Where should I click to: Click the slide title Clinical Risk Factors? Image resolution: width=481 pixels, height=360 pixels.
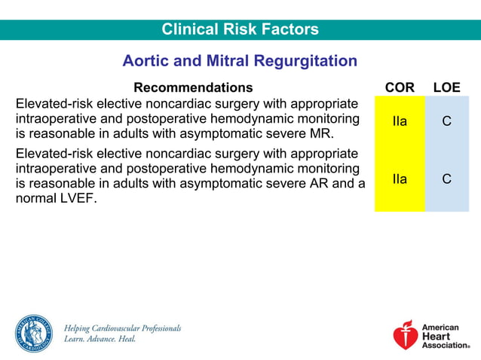coord(240,30)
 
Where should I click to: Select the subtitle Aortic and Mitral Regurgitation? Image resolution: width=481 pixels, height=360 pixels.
coord(240,61)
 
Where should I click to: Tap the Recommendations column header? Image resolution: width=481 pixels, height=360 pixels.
coord(193,88)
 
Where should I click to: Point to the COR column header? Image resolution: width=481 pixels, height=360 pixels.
coord(400,88)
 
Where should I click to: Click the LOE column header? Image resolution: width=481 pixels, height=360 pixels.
coord(446,88)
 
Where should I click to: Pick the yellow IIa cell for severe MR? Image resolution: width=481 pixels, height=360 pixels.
coord(400,121)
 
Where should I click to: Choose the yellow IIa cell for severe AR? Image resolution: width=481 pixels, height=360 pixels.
coord(400,179)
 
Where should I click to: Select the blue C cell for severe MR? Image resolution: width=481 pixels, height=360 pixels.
coord(446,121)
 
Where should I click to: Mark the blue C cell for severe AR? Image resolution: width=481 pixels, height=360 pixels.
coord(446,179)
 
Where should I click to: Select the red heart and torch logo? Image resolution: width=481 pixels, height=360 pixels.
coord(405,335)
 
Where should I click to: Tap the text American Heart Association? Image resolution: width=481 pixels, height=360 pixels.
coord(445,336)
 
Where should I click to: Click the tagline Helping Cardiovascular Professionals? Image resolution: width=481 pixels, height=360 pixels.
coord(123,328)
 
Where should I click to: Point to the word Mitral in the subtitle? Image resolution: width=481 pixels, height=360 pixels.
coord(227,61)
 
